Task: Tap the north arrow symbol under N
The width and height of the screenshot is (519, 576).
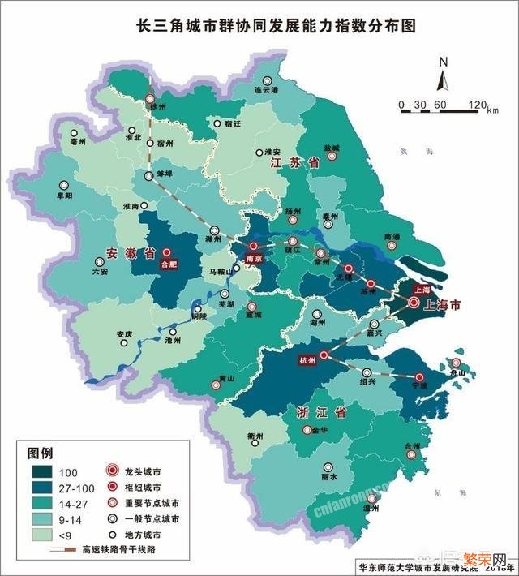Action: click(x=444, y=80)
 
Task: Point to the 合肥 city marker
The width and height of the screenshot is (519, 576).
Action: click(x=168, y=252)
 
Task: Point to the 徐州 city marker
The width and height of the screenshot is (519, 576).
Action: click(x=151, y=99)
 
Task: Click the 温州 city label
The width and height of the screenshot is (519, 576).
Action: click(x=372, y=509)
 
